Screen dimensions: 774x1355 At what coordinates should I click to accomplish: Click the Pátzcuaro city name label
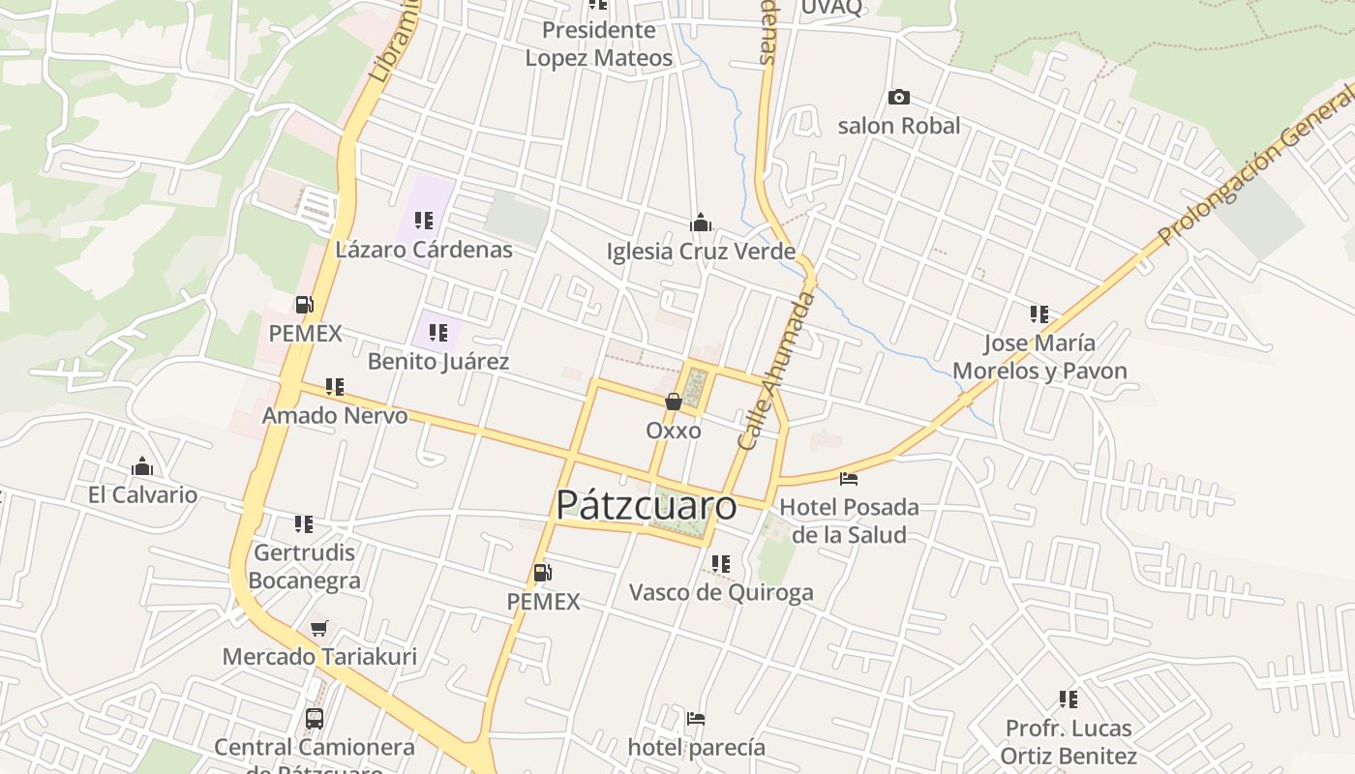(x=646, y=505)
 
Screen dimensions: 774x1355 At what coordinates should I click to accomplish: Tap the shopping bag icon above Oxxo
(x=673, y=402)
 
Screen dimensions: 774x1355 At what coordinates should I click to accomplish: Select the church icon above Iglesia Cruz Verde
(x=701, y=223)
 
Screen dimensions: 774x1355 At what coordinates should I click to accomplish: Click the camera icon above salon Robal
(x=899, y=97)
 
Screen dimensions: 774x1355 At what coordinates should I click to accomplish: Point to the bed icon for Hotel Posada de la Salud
(x=849, y=478)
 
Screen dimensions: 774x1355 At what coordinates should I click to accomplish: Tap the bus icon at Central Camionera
(x=315, y=718)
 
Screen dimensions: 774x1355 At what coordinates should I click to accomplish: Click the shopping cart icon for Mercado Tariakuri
(x=319, y=628)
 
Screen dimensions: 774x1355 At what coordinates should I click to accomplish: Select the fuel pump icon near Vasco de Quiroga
(x=543, y=573)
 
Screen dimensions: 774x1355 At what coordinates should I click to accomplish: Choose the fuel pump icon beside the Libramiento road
(x=305, y=305)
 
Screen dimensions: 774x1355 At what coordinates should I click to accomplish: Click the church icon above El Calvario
(x=142, y=467)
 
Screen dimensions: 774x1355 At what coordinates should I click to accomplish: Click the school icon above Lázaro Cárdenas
(x=423, y=221)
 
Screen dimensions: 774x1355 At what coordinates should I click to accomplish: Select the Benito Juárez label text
(x=438, y=362)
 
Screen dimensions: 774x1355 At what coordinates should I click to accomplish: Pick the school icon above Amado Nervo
(x=335, y=387)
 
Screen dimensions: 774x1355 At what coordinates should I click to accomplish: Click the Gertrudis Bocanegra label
(x=305, y=566)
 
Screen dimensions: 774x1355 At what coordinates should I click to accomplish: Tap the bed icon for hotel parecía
(x=695, y=718)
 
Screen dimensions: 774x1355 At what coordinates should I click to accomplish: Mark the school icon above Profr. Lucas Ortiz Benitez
(x=1069, y=699)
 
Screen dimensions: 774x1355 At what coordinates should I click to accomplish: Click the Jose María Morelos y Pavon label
(x=1039, y=357)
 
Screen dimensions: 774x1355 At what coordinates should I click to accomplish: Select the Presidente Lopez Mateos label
(x=598, y=45)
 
